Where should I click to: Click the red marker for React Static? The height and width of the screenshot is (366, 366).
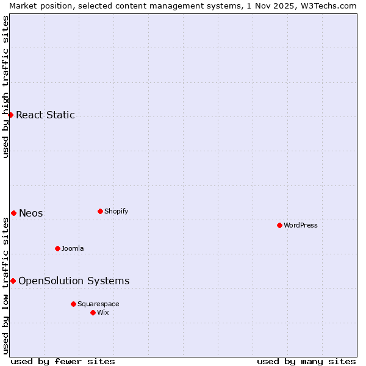coord(10,115)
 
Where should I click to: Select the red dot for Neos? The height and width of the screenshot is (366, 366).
coord(13,213)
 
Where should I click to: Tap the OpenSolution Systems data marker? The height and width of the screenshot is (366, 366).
coord(13,281)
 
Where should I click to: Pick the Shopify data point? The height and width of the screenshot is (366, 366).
coord(100,211)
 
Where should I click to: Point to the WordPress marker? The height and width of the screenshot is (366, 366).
coord(279,225)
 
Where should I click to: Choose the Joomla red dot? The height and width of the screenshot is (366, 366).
coord(57,248)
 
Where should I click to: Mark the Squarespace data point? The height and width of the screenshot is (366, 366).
coord(73,304)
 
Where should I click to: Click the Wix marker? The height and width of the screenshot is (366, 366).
coord(93,312)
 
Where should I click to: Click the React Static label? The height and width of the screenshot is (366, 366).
coord(45,115)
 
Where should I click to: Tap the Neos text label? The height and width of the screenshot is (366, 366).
coord(31,213)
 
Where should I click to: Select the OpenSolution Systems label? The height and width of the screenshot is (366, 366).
coord(74,281)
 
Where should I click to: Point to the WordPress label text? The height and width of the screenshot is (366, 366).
coord(301,225)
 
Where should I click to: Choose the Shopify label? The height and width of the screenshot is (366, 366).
coord(116,211)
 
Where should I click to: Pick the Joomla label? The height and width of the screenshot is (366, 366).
coord(73,248)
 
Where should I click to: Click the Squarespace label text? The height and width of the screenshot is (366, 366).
coord(98,304)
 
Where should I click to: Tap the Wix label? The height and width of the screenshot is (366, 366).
coord(102,312)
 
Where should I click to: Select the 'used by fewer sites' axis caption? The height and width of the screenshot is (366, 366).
coord(63,361)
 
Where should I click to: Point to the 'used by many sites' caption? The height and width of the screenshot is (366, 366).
coord(306,361)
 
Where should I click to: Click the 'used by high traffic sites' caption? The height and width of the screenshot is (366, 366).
coord(5,87)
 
